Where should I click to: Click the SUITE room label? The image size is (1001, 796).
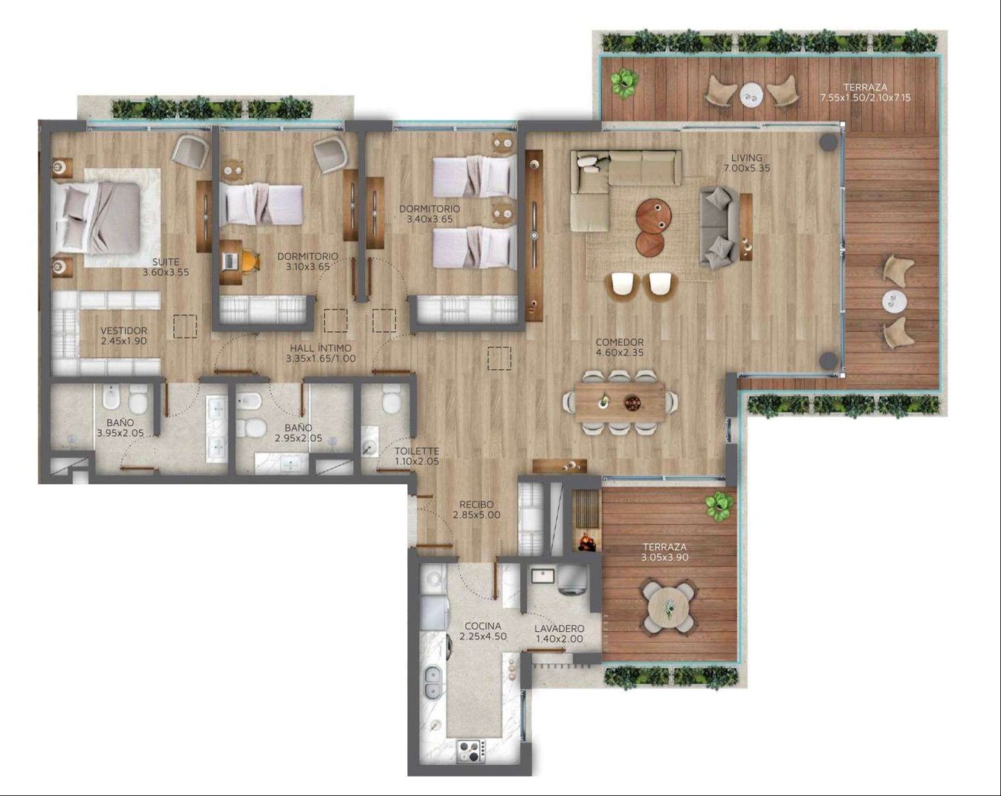pyautogui.click(x=166, y=262)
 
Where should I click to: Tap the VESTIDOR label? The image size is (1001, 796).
pyautogui.click(x=123, y=330)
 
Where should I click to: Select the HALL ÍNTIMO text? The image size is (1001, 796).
pyautogui.click(x=320, y=348)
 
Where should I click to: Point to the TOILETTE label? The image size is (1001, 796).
pyautogui.click(x=417, y=451)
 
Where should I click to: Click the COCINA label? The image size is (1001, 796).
pyautogui.click(x=483, y=626)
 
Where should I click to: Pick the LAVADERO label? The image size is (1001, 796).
pyautogui.click(x=559, y=629)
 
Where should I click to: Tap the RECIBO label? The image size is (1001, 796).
pyautogui.click(x=476, y=504)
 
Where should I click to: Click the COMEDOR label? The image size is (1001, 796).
pyautogui.click(x=620, y=342)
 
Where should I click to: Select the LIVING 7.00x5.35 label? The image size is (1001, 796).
pyautogui.click(x=747, y=163)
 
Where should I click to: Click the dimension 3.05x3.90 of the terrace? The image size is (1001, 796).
pyautogui.click(x=664, y=558)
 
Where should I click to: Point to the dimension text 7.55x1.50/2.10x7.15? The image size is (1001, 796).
pyautogui.click(x=865, y=97)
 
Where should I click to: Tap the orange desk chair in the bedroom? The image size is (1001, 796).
pyautogui.click(x=250, y=261)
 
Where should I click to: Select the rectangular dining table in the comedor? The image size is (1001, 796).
pyautogui.click(x=621, y=401)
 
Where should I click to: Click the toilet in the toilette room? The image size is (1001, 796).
pyautogui.click(x=391, y=399)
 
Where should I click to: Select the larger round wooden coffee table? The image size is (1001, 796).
pyautogui.click(x=654, y=216)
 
